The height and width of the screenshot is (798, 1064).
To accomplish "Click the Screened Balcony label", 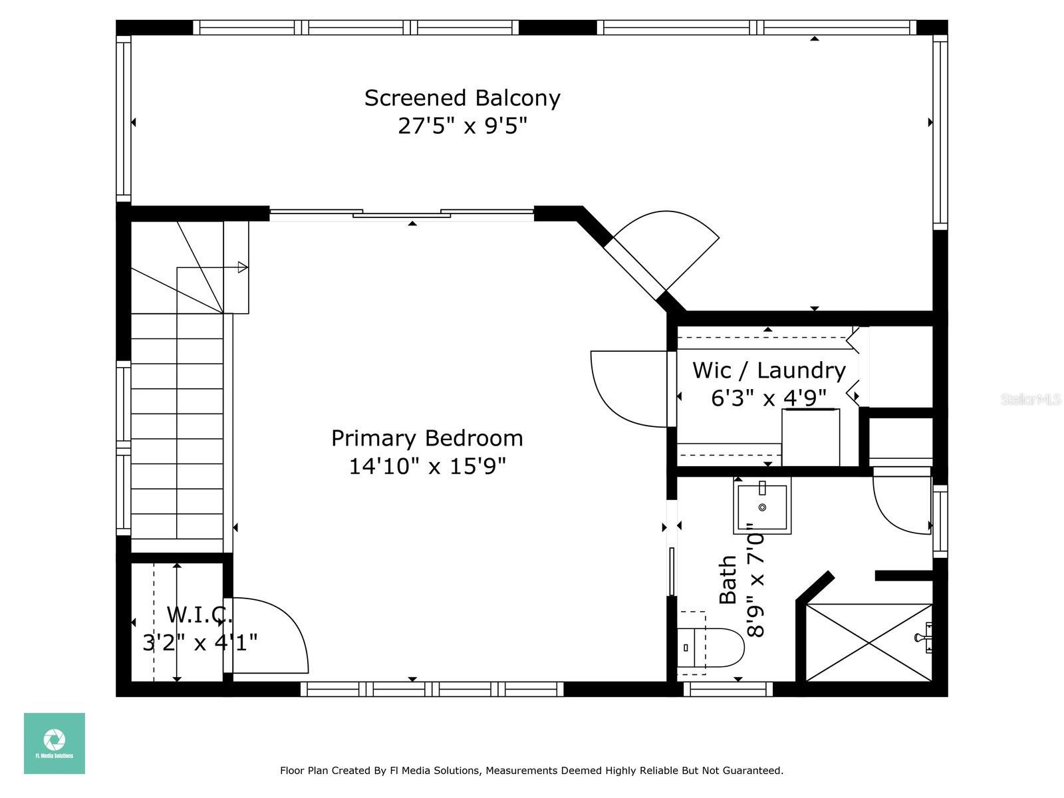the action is click(x=462, y=98).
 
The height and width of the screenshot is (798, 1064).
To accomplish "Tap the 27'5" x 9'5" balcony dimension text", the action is click(x=462, y=126).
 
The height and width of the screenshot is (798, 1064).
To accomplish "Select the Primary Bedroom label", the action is click(x=427, y=438).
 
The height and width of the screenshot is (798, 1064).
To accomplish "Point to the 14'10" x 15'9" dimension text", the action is click(x=427, y=467).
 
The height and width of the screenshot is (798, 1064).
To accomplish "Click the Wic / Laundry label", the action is click(x=769, y=370).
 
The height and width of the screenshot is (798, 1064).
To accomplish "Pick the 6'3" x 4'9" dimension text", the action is click(x=768, y=398).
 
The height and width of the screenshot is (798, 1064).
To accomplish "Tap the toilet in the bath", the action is click(x=711, y=647).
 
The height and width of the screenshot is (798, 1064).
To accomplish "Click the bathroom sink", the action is click(x=762, y=505).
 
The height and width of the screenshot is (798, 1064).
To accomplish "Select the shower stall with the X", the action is click(x=868, y=642).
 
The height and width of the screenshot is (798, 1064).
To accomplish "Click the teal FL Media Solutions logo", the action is click(x=55, y=743).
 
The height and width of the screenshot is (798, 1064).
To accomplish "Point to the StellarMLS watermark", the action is click(x=1030, y=400).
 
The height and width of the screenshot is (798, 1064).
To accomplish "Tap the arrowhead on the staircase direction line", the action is click(x=242, y=267).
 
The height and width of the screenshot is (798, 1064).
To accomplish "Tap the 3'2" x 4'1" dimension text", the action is click(x=199, y=643).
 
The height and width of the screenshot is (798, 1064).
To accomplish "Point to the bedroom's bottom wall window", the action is click(x=432, y=688).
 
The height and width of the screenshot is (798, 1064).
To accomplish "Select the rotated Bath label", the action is click(x=728, y=580).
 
